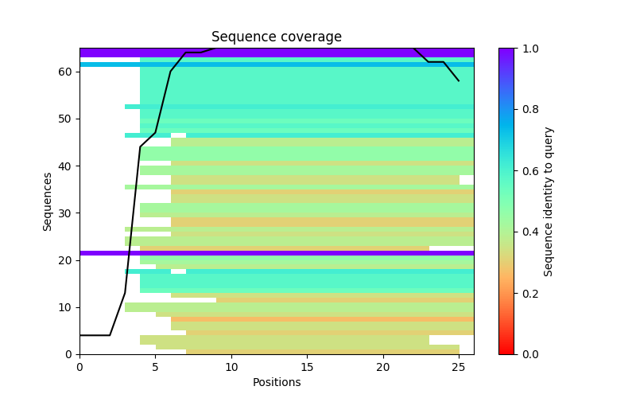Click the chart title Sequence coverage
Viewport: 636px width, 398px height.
coord(277,37)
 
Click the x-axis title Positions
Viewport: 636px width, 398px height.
coord(277,382)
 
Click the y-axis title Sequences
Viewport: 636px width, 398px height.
coord(48,201)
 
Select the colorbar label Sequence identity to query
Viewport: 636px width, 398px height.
coord(549,201)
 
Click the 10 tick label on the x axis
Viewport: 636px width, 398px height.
coord(231,366)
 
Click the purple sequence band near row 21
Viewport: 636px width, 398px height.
coord(277,253)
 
